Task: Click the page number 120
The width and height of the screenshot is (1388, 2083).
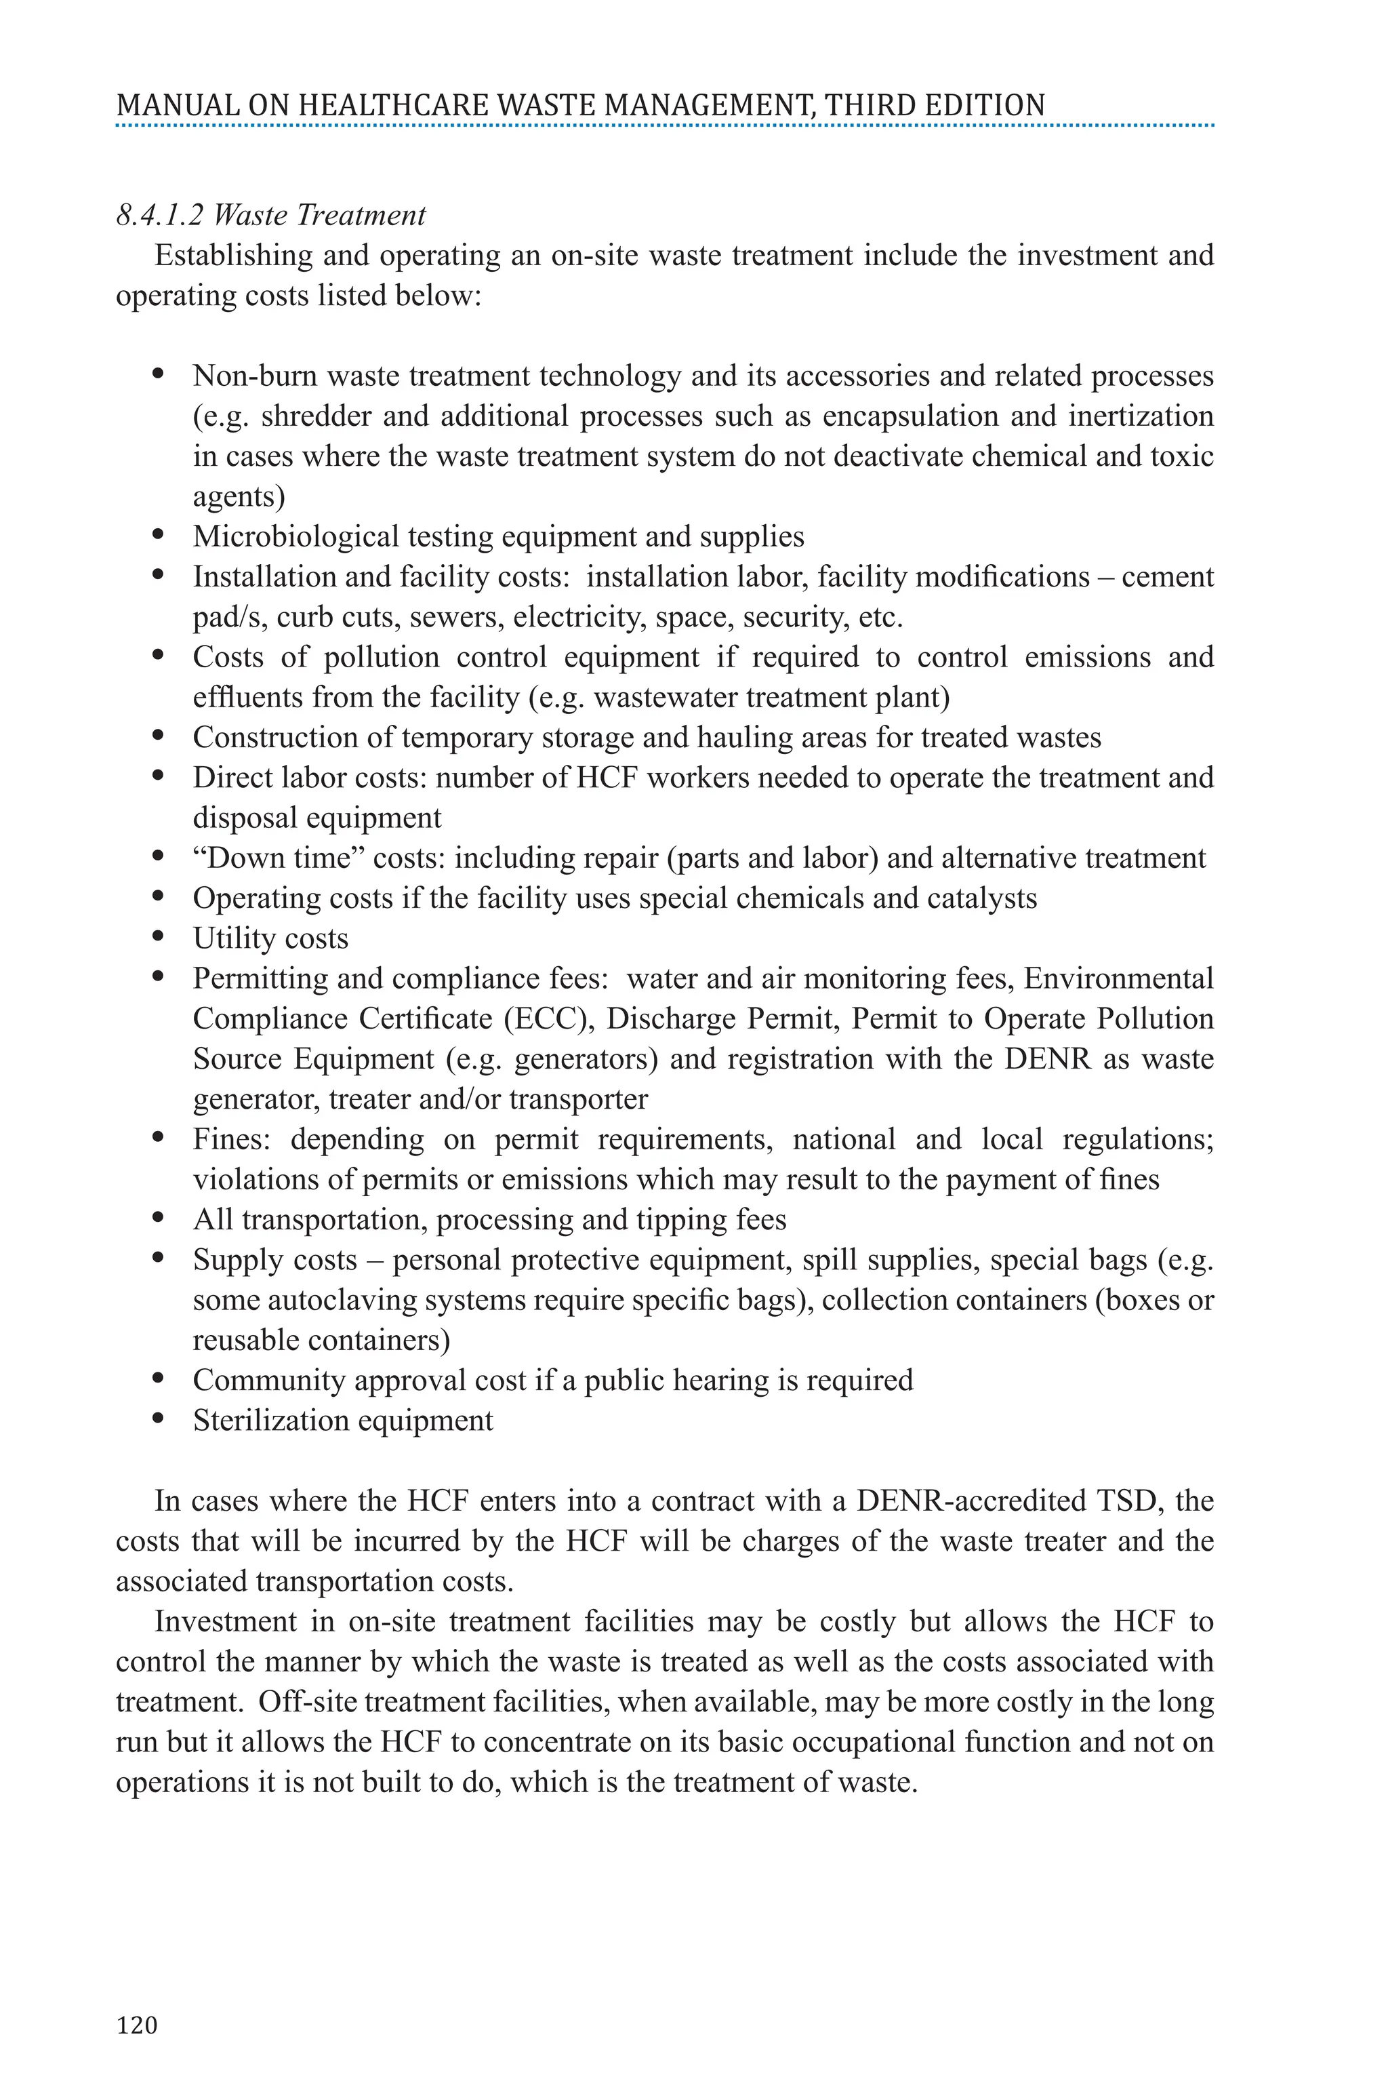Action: point(137,2025)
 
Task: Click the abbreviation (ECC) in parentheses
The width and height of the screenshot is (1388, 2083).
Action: point(549,1019)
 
